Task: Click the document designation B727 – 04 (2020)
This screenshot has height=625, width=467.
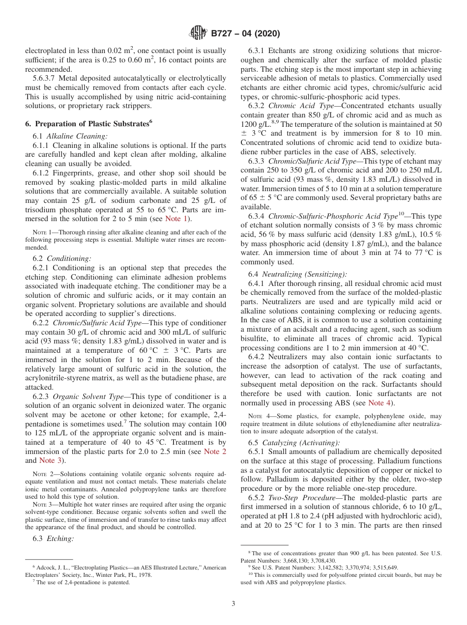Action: tap(245, 34)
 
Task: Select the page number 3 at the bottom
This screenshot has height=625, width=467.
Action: tap(233, 603)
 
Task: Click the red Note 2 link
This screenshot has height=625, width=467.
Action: tap(215, 452)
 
